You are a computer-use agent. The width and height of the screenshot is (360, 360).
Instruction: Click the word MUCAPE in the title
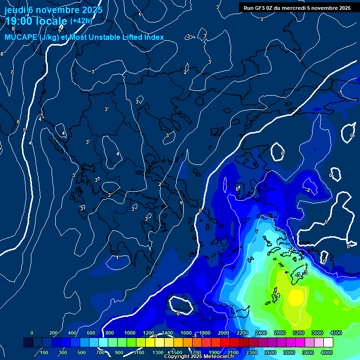click(x=19, y=37)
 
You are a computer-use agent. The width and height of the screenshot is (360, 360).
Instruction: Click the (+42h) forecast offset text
click(x=81, y=21)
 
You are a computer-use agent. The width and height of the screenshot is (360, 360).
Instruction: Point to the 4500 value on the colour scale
click(x=336, y=332)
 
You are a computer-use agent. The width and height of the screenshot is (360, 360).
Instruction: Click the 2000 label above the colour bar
click(x=224, y=332)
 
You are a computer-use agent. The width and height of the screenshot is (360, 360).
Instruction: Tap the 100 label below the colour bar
click(x=44, y=352)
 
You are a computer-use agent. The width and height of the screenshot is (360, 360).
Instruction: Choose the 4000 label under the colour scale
click(x=327, y=352)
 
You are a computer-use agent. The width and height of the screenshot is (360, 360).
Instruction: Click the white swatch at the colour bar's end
click(x=328, y=342)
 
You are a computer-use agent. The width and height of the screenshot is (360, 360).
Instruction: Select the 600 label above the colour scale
click(x=91, y=332)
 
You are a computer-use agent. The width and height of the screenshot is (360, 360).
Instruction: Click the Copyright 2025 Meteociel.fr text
click(x=199, y=357)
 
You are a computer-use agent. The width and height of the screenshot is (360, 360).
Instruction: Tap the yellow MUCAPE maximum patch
click(x=297, y=296)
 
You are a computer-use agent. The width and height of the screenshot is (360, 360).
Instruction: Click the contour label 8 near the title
click(x=13, y=42)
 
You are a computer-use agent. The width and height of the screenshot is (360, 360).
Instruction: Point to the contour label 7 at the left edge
click(x=12, y=72)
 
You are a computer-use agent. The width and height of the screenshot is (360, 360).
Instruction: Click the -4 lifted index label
click(x=277, y=296)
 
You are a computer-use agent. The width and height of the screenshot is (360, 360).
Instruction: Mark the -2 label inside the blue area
click(x=307, y=190)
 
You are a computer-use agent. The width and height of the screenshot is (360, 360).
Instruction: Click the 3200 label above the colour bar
click(x=299, y=332)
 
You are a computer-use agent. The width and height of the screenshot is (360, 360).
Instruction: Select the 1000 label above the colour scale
click(x=130, y=332)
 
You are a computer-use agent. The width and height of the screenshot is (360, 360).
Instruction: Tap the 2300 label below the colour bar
click(x=252, y=352)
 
